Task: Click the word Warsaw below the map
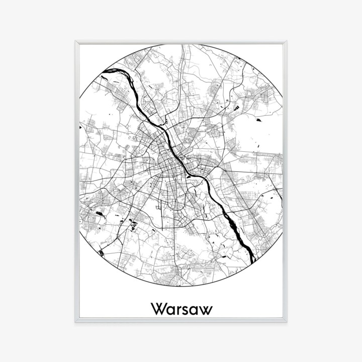click(181, 308)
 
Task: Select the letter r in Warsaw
click(177, 309)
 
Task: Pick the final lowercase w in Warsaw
click(205, 309)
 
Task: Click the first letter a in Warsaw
click(169, 309)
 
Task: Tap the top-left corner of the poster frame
click(76, 42)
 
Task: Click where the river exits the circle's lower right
click(253, 261)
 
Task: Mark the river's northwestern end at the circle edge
click(103, 77)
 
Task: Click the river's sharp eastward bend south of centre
click(201, 179)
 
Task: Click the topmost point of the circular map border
click(181, 44)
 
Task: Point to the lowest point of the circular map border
click(181, 287)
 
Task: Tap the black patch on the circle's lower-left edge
click(101, 253)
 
